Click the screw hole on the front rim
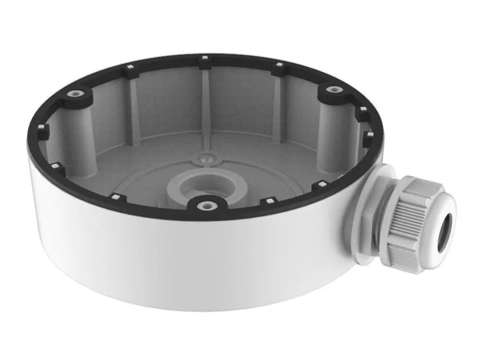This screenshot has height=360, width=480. pos(204,203)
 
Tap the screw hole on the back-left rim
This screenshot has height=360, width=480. pos(75,93)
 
